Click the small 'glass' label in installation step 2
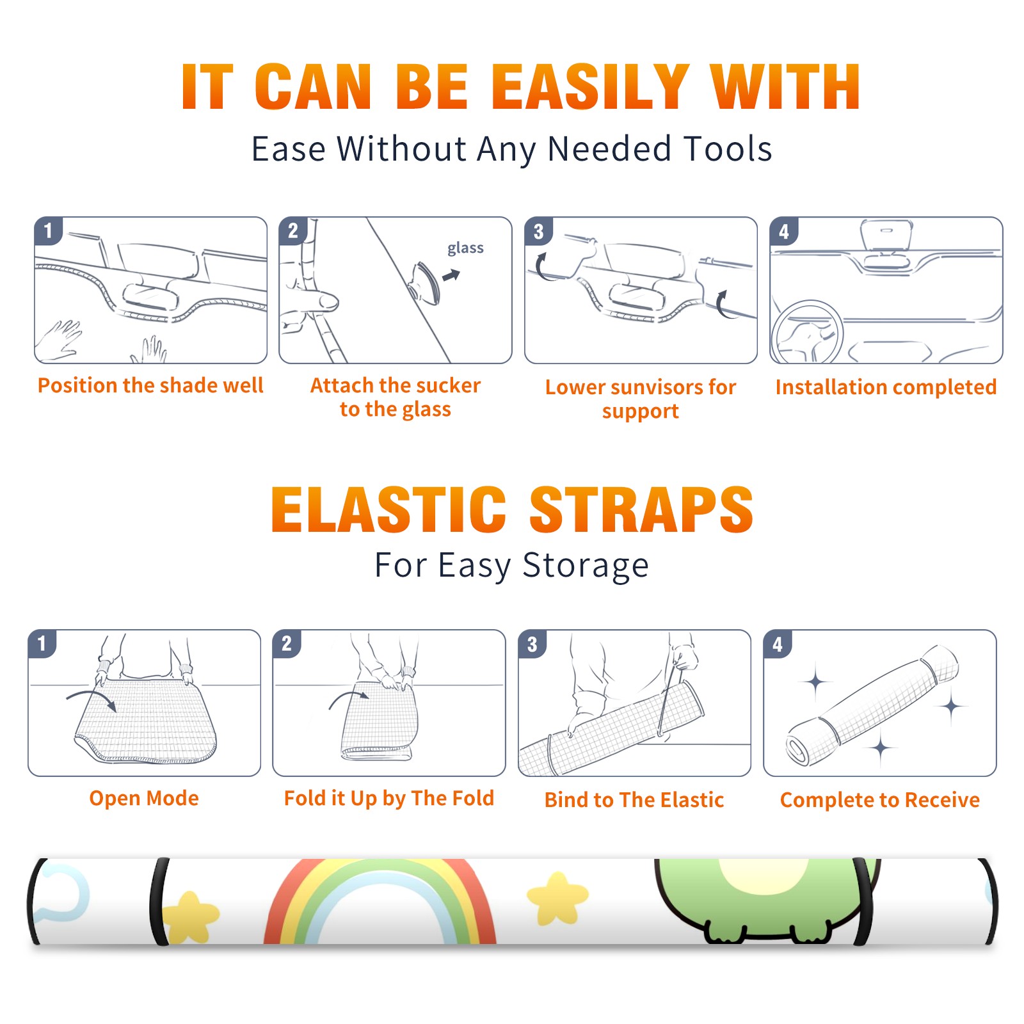(465, 248)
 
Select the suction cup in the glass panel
(425, 282)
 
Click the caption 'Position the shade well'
(150, 385)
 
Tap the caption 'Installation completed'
(886, 387)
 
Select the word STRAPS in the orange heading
(641, 509)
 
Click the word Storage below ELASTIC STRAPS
(586, 566)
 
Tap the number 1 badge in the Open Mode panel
(42, 643)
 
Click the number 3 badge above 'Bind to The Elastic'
(532, 644)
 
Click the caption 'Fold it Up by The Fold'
(389, 798)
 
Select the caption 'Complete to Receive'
(880, 800)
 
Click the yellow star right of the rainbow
(557, 898)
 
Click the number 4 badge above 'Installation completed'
(784, 231)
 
